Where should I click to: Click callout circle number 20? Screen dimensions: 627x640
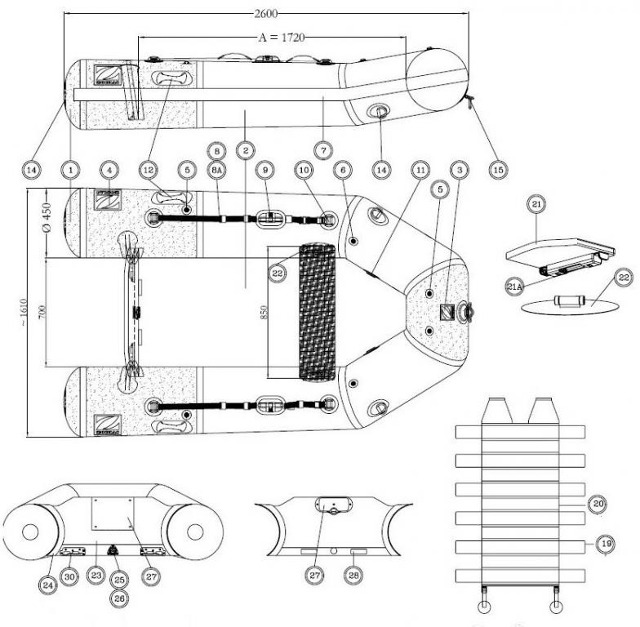click(x=598, y=505)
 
